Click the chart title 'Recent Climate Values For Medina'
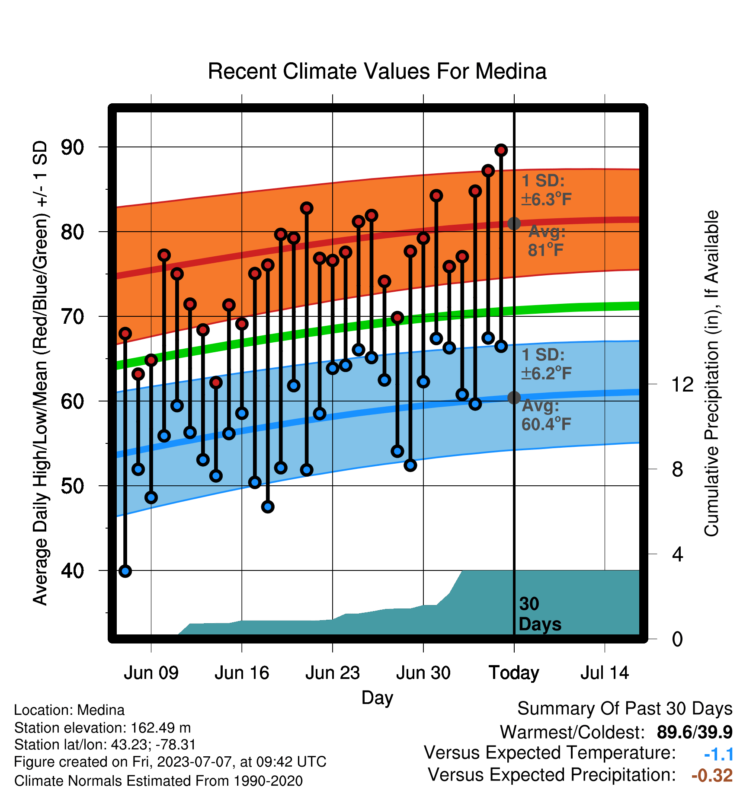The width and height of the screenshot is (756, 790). [x=377, y=71]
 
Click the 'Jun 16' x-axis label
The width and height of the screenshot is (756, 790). [x=242, y=673]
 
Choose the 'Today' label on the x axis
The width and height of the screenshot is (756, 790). [x=514, y=673]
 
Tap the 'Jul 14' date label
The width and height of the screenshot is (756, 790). [x=605, y=673]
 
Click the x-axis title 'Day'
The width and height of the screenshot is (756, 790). [x=377, y=698]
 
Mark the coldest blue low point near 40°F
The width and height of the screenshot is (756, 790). [x=125, y=571]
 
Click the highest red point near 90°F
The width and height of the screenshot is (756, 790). [x=501, y=150]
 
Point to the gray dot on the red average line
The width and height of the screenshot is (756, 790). [x=514, y=223]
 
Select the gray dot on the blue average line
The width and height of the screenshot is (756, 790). [x=514, y=398]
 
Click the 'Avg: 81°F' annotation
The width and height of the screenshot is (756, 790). [x=547, y=241]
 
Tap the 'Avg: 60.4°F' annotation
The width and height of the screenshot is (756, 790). [x=546, y=415]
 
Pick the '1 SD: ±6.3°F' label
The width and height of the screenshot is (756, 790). [x=546, y=190]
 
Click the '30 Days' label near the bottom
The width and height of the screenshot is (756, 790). [x=540, y=614]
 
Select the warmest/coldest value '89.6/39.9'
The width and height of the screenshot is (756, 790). [x=695, y=732]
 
